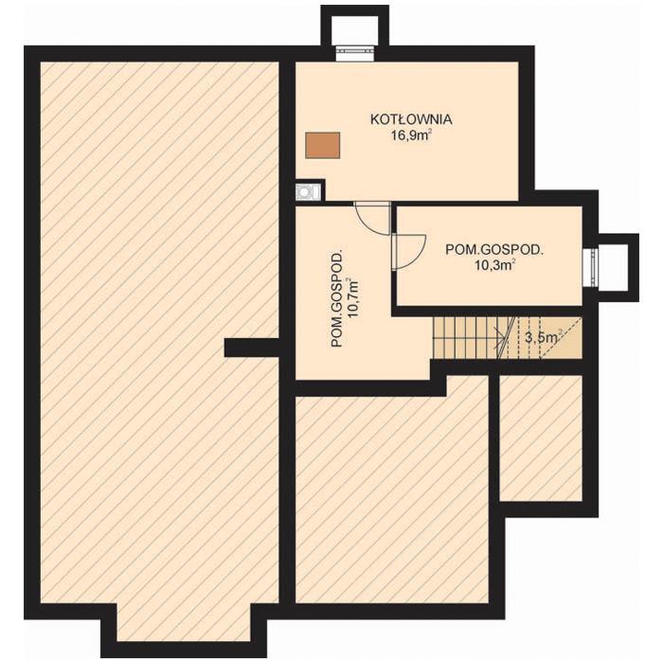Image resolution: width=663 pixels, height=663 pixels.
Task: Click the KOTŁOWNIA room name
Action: pos(411,120)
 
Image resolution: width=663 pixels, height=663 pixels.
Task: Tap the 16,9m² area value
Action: pos(411,135)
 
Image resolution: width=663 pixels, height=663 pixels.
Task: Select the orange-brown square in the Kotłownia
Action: pos(322,144)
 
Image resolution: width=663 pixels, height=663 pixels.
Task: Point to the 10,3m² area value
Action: pos(493,266)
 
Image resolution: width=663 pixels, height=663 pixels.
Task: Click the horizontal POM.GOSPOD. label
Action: pos(493,250)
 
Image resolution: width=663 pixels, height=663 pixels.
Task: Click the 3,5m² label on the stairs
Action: pos(542,336)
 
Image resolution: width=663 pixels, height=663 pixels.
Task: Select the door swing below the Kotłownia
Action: pos(373,218)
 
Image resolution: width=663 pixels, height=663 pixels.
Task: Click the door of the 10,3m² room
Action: pos(407,251)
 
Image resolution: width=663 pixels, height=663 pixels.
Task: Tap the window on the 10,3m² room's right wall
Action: pos(589,267)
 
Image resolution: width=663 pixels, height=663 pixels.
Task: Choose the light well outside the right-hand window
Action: pos(614,267)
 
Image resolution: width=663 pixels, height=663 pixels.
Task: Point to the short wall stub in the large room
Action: pos(251,348)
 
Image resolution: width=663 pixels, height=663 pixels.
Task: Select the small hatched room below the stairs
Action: pos(540,438)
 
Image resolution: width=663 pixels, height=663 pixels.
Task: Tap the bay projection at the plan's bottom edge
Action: pos(185,629)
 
